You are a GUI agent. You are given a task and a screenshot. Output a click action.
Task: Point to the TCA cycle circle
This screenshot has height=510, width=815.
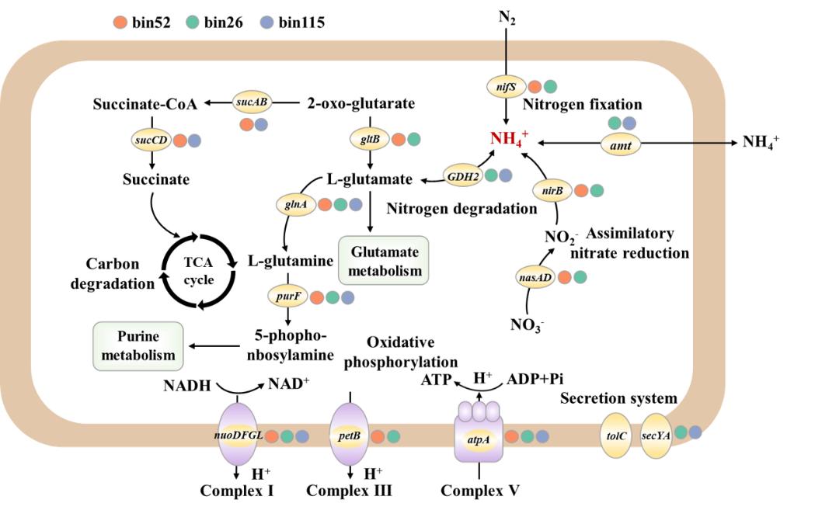tap(199, 272)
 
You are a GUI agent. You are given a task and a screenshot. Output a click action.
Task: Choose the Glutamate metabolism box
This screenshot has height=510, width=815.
tap(384, 260)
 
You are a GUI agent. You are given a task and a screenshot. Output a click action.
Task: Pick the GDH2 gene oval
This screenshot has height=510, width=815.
tap(461, 175)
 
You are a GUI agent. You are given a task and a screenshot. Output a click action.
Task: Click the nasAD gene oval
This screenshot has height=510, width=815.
tap(536, 276)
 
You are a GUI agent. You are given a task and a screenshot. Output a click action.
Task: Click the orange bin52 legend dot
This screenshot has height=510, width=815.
tap(119, 23)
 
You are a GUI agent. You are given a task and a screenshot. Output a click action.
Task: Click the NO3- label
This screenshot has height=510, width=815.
tap(525, 323)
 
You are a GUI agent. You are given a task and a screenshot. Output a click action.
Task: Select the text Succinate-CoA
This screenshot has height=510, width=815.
tap(145, 103)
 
